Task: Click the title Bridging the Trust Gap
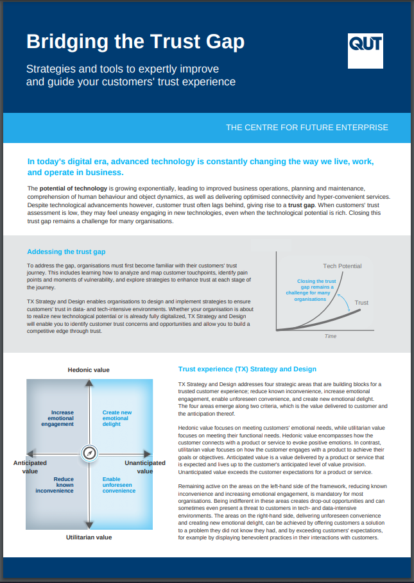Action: coord(135,42)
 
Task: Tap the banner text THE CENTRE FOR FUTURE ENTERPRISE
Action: coord(307,128)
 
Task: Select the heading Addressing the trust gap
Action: coord(66,252)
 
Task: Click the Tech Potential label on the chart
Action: coord(341,266)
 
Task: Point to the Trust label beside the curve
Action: coord(361,303)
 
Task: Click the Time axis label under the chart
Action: coord(330,336)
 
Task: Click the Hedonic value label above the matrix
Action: coord(89,370)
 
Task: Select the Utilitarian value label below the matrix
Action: coord(89,537)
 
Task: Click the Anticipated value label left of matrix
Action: coord(30,466)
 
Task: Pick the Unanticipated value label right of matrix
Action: coord(144,466)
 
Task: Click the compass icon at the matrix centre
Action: coord(89,453)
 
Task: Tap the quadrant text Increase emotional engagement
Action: coord(62,418)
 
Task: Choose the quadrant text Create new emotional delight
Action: coord(117,418)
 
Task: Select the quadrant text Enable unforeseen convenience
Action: coord(119,485)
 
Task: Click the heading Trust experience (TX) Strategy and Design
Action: coord(247,369)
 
